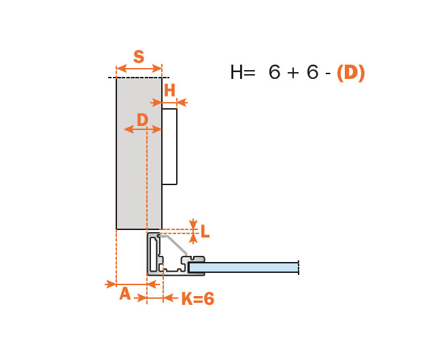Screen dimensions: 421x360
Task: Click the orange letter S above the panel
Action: (x=139, y=56)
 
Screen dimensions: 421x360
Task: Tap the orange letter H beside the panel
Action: (x=169, y=90)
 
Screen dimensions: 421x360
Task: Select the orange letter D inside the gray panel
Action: (x=142, y=120)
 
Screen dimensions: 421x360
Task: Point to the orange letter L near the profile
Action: (x=205, y=231)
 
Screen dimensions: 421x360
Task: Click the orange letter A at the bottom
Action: (x=125, y=293)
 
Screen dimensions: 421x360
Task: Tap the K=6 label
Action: (x=198, y=299)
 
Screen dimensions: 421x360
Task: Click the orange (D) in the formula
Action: (x=351, y=73)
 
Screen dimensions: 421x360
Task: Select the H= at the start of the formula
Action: (x=242, y=72)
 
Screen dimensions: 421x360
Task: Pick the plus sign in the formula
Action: (x=293, y=73)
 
